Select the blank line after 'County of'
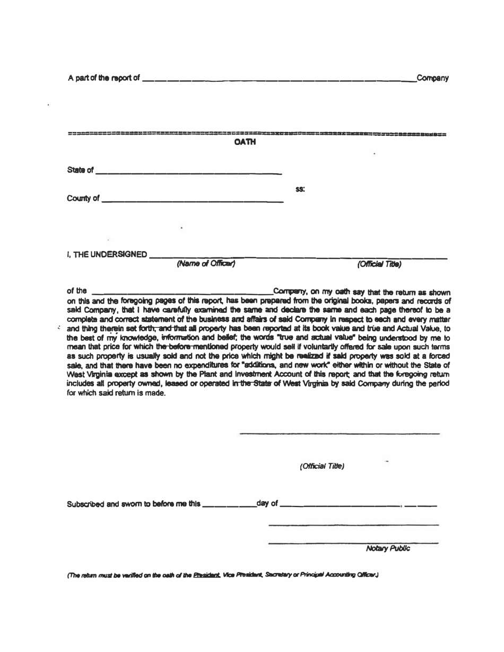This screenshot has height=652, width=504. (192, 202)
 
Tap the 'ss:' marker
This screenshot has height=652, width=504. (300, 188)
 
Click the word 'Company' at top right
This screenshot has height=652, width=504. (432, 79)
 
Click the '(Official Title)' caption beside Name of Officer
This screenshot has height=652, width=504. (379, 263)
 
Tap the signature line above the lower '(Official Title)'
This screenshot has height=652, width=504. (340, 434)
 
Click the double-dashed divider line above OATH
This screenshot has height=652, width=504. (257, 133)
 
